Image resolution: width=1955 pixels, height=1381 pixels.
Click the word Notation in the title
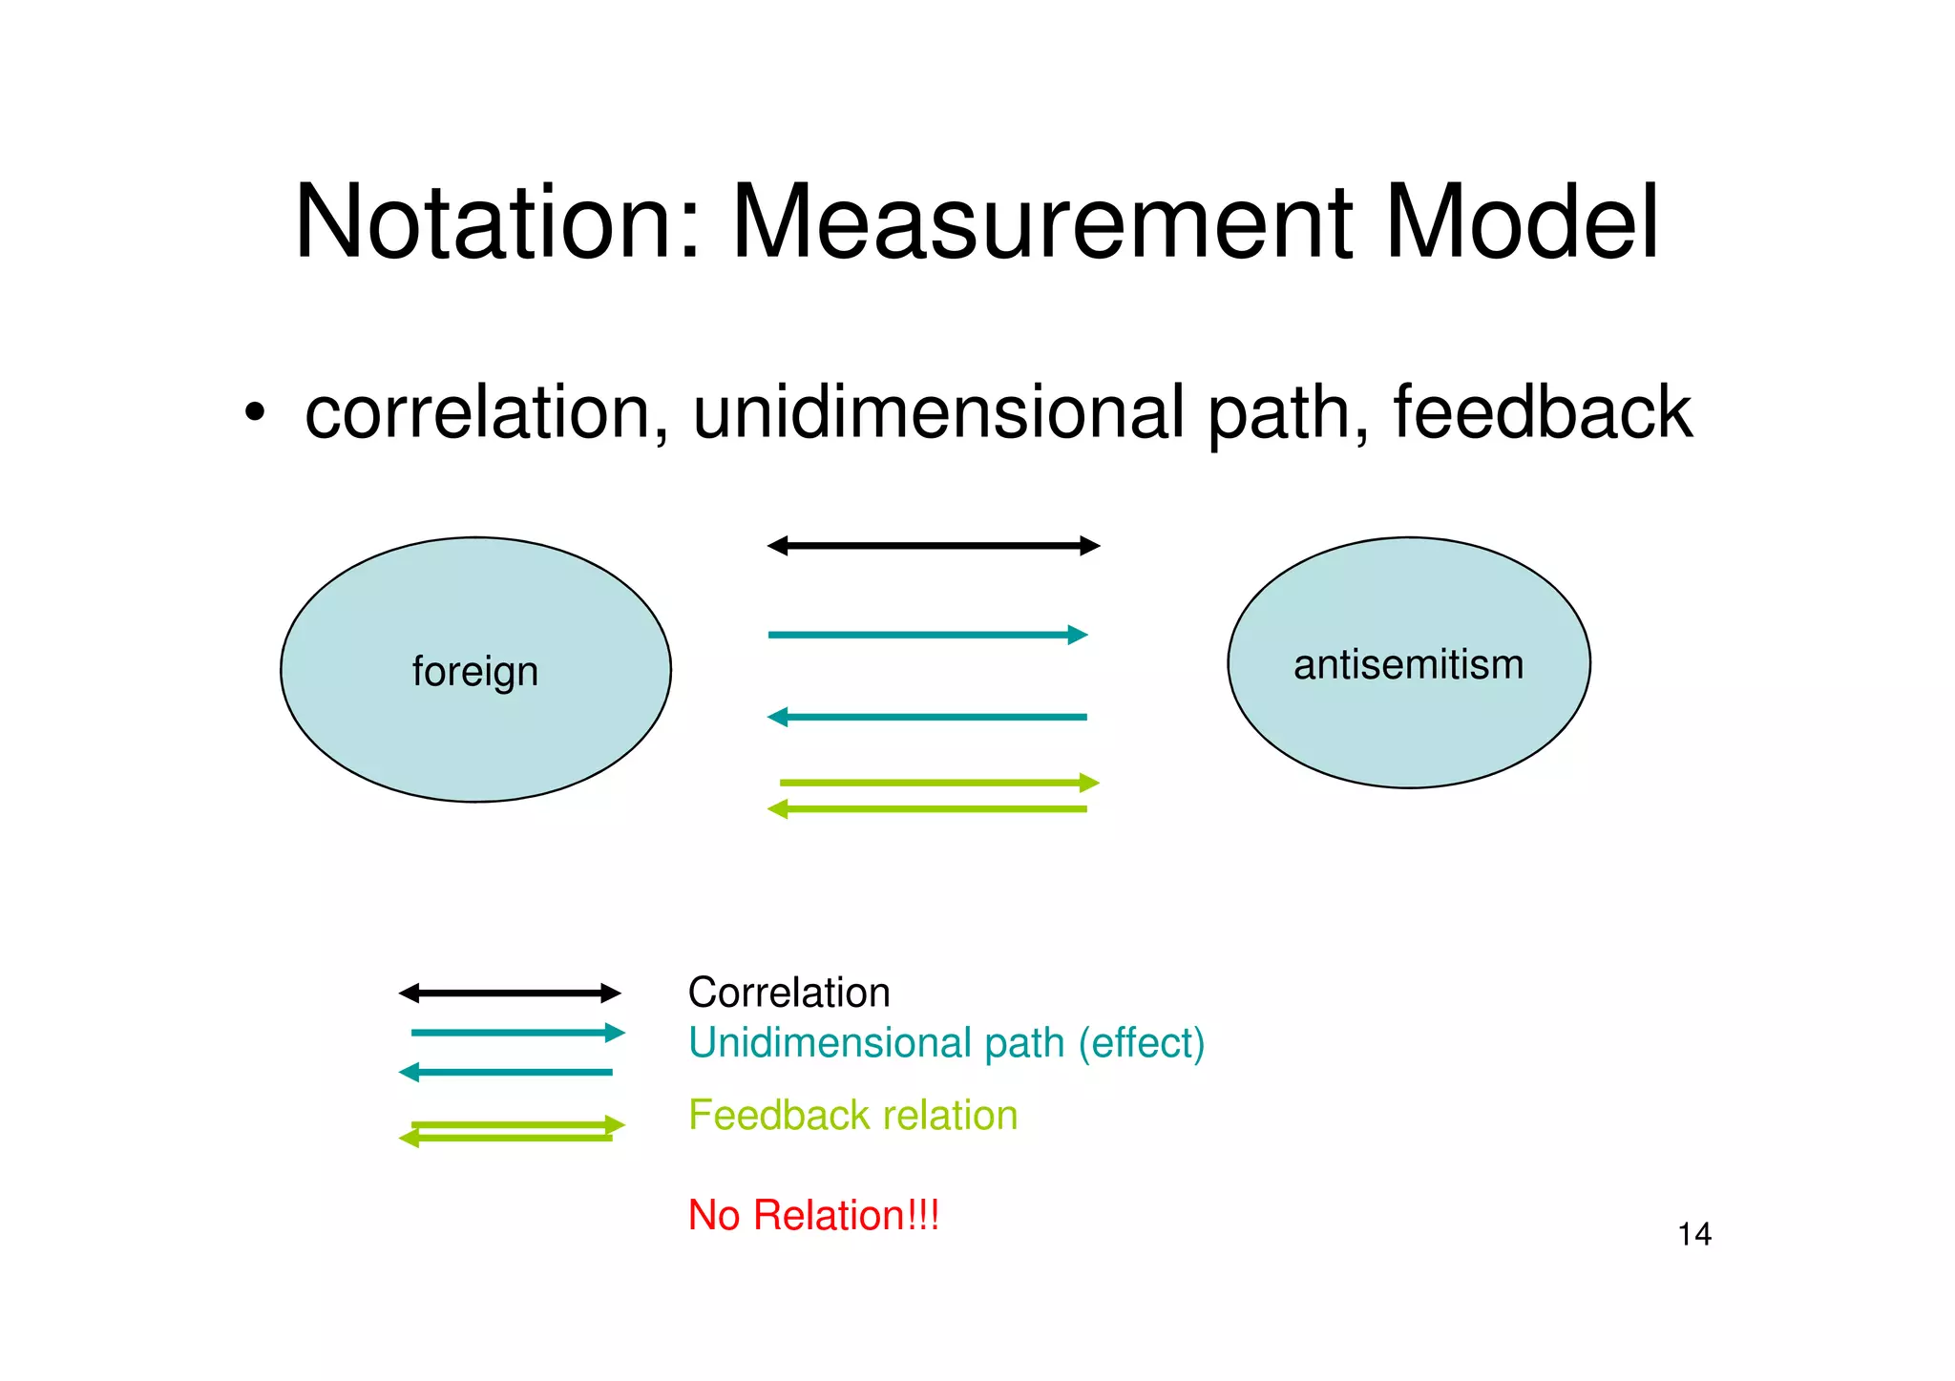[x=496, y=221]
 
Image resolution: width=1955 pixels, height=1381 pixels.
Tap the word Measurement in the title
[x=1041, y=221]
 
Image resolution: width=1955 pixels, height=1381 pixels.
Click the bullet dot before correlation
[x=253, y=414]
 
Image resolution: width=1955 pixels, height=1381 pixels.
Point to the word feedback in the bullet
[x=1541, y=412]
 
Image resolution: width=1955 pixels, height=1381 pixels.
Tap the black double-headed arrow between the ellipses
[x=934, y=546]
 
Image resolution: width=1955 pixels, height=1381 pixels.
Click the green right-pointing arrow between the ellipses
[x=939, y=783]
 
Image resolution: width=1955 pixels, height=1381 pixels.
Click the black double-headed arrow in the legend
[x=510, y=994]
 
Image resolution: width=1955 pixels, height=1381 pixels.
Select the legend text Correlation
[x=788, y=993]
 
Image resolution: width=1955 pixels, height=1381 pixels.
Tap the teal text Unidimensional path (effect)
[x=946, y=1042]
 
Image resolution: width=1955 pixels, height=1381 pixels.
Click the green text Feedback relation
[x=852, y=1115]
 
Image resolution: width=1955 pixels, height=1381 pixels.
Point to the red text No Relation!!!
[x=813, y=1215]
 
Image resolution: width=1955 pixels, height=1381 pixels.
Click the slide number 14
[x=1694, y=1234]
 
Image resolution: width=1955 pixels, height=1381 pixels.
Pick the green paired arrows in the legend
[x=512, y=1131]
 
